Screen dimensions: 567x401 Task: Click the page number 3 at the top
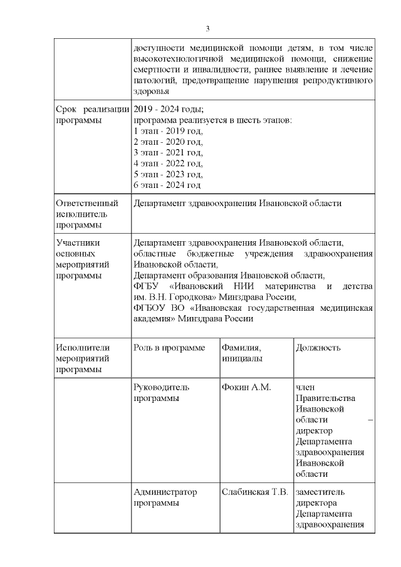207,28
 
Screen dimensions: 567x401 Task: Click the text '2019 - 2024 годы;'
169,109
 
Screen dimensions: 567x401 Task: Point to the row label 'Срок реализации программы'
92,114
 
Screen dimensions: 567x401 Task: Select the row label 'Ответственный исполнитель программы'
87,214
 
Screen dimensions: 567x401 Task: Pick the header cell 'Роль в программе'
169,348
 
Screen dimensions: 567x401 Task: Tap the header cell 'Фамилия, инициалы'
242,353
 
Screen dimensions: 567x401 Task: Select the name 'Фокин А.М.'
246,388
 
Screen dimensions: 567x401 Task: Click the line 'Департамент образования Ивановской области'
229,276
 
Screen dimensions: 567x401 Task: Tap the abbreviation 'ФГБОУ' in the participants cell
147,308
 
